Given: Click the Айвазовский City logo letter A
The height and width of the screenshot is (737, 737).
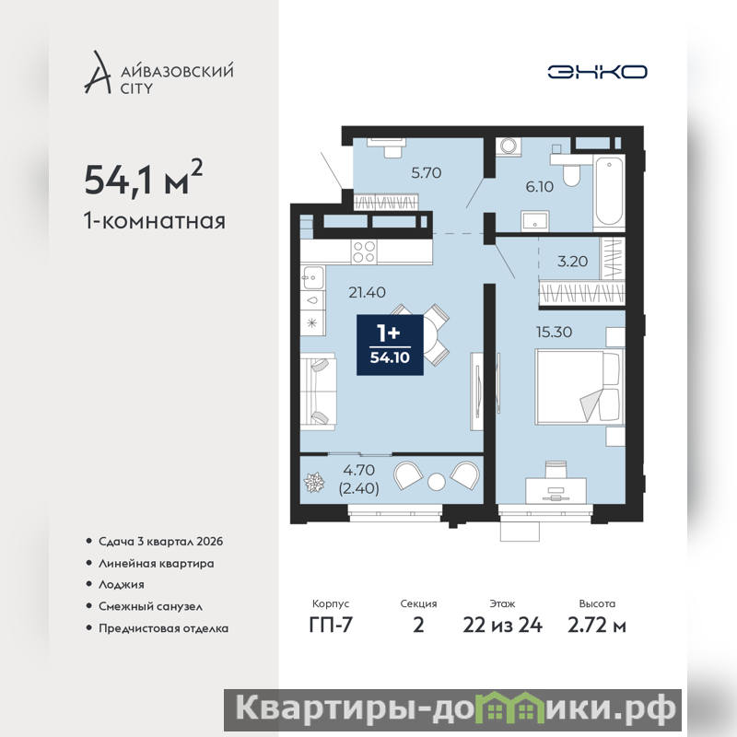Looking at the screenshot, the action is pos(98,72).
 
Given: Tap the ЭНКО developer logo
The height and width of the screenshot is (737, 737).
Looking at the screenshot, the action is pos(597,72).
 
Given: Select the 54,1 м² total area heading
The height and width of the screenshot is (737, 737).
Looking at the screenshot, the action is pos(144,178).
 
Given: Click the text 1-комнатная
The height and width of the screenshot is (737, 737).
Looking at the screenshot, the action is pos(155,221).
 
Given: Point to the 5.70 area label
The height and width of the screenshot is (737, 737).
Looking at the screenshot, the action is pos(427,173).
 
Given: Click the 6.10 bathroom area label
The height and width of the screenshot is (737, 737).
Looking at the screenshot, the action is pos(539,187).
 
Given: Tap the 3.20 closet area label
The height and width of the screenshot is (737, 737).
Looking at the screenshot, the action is pos(572,262).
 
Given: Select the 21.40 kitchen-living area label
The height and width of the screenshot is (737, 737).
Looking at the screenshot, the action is pos(367,292).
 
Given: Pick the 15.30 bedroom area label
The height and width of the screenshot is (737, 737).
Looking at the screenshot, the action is pos(555,332).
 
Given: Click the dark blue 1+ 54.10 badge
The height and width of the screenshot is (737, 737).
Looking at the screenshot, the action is pos(390,345).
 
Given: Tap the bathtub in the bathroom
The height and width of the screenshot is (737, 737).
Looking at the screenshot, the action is pos(609,192).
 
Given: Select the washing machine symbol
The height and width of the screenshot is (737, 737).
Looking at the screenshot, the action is pos(509,146).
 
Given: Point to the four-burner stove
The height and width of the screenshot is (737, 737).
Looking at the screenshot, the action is pos(364,252).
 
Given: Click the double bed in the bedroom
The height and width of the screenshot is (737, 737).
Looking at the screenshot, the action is pos(579,386).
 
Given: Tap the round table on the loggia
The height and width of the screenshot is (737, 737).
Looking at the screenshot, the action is pos(436,482).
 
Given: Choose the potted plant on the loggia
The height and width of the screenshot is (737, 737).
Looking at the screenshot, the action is pos(314,483).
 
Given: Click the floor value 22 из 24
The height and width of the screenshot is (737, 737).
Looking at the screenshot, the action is pos(502,626).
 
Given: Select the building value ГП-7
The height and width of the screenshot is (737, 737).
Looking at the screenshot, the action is pos(331,626).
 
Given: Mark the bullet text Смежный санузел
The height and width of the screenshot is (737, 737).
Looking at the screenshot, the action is pos(150,606).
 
